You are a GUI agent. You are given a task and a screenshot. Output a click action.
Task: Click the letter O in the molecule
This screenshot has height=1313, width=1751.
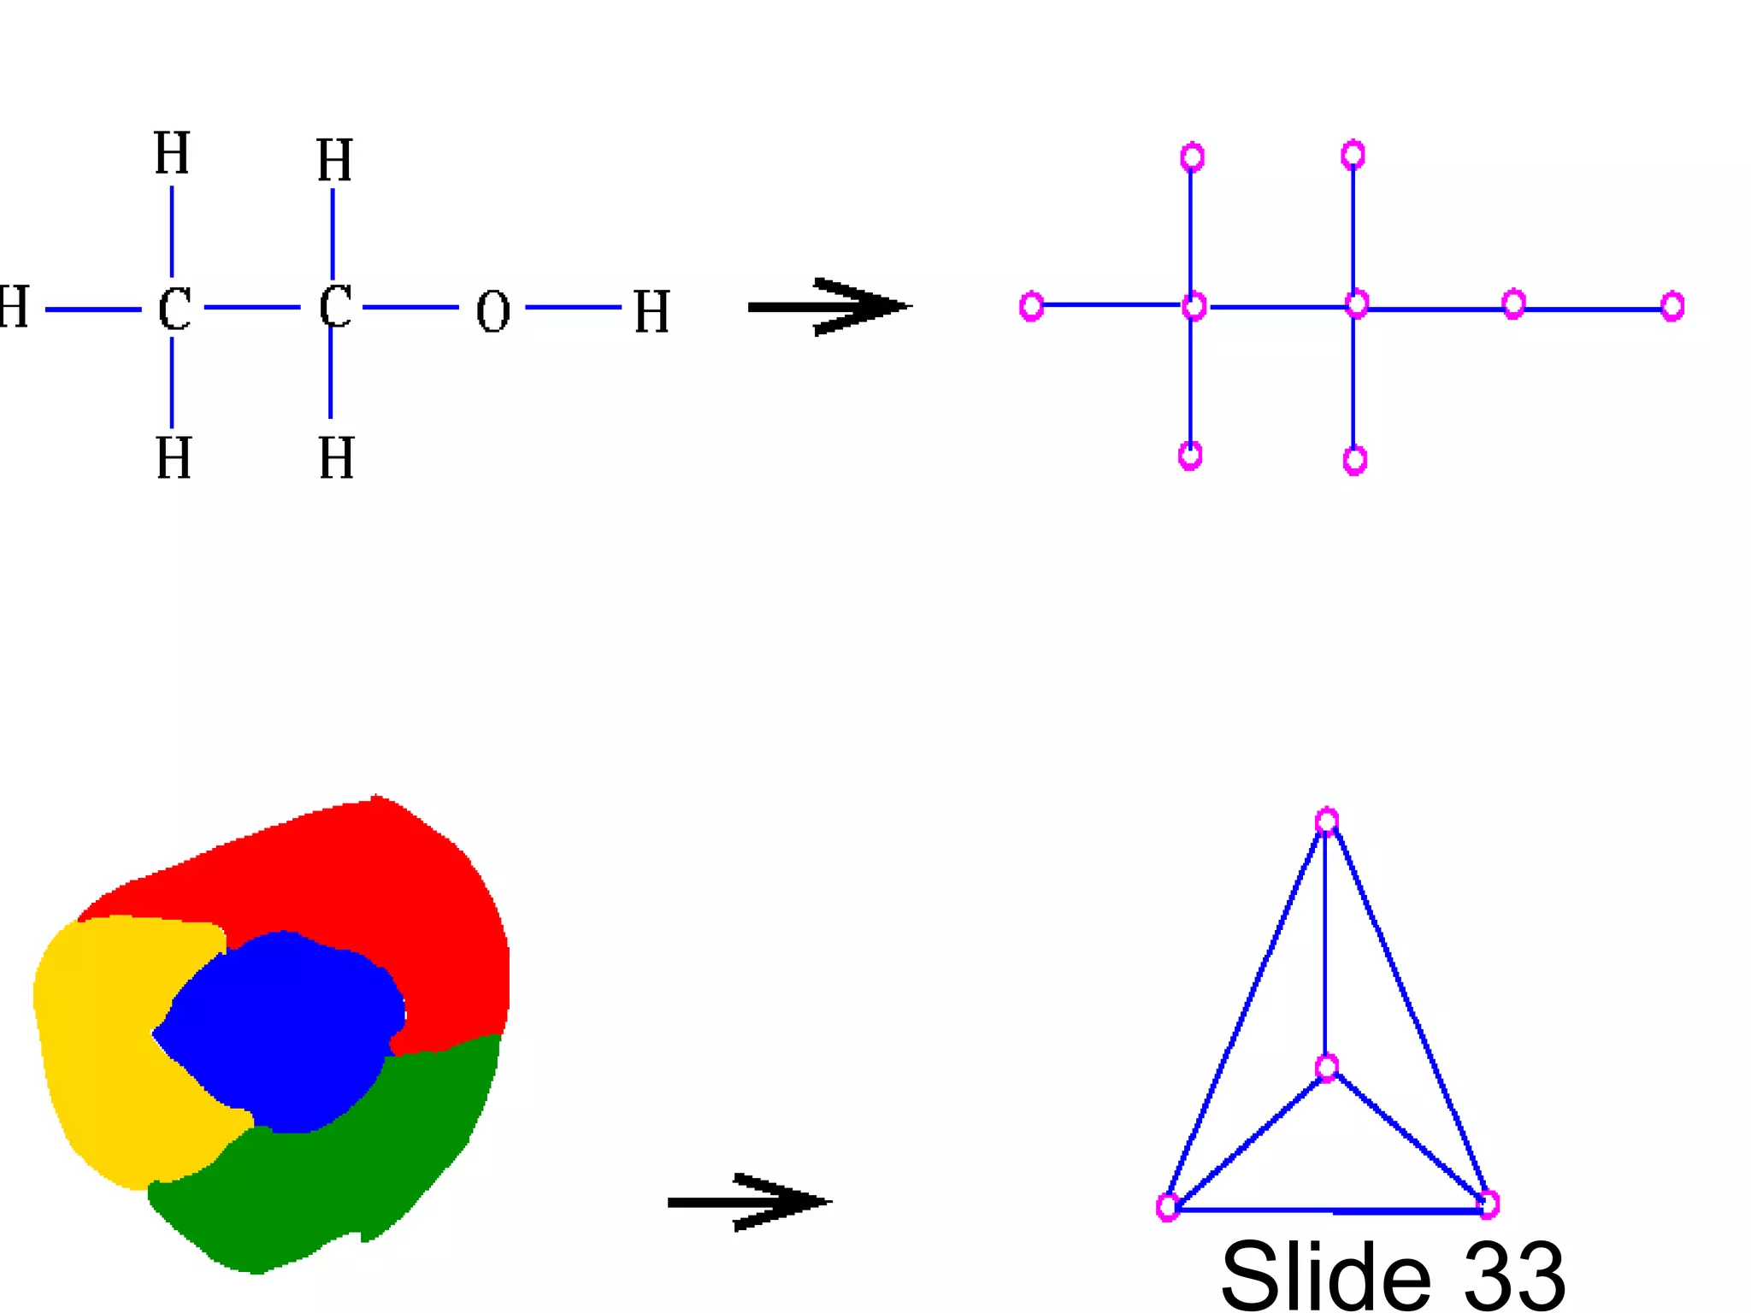[492, 311]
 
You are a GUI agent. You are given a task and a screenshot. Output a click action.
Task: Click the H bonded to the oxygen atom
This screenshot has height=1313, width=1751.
[651, 311]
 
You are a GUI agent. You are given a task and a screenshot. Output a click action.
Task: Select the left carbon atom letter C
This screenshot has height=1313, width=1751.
[174, 309]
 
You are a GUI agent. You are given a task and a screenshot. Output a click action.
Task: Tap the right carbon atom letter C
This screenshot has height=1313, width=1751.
[335, 306]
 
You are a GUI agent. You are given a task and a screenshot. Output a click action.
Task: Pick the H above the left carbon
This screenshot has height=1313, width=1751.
[172, 153]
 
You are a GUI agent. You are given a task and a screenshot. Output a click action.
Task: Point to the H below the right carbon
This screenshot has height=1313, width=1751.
[336, 458]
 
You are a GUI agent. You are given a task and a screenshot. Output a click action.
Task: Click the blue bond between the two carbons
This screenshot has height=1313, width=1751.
[252, 307]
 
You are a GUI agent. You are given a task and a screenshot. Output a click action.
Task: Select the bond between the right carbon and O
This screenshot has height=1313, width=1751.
[410, 307]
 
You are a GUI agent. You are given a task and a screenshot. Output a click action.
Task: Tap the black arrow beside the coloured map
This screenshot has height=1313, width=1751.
[748, 1202]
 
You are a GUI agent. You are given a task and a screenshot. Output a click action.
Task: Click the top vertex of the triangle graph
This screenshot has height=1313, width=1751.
[1326, 821]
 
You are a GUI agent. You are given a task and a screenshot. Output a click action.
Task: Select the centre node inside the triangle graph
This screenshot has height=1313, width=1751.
[1326, 1067]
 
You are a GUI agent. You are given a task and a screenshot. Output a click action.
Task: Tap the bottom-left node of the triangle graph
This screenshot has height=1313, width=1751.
[1167, 1207]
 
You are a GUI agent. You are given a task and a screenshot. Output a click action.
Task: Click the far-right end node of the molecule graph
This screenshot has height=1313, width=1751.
[1672, 306]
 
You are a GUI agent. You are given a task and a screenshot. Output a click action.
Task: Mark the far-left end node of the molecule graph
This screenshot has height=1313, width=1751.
[1031, 305]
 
